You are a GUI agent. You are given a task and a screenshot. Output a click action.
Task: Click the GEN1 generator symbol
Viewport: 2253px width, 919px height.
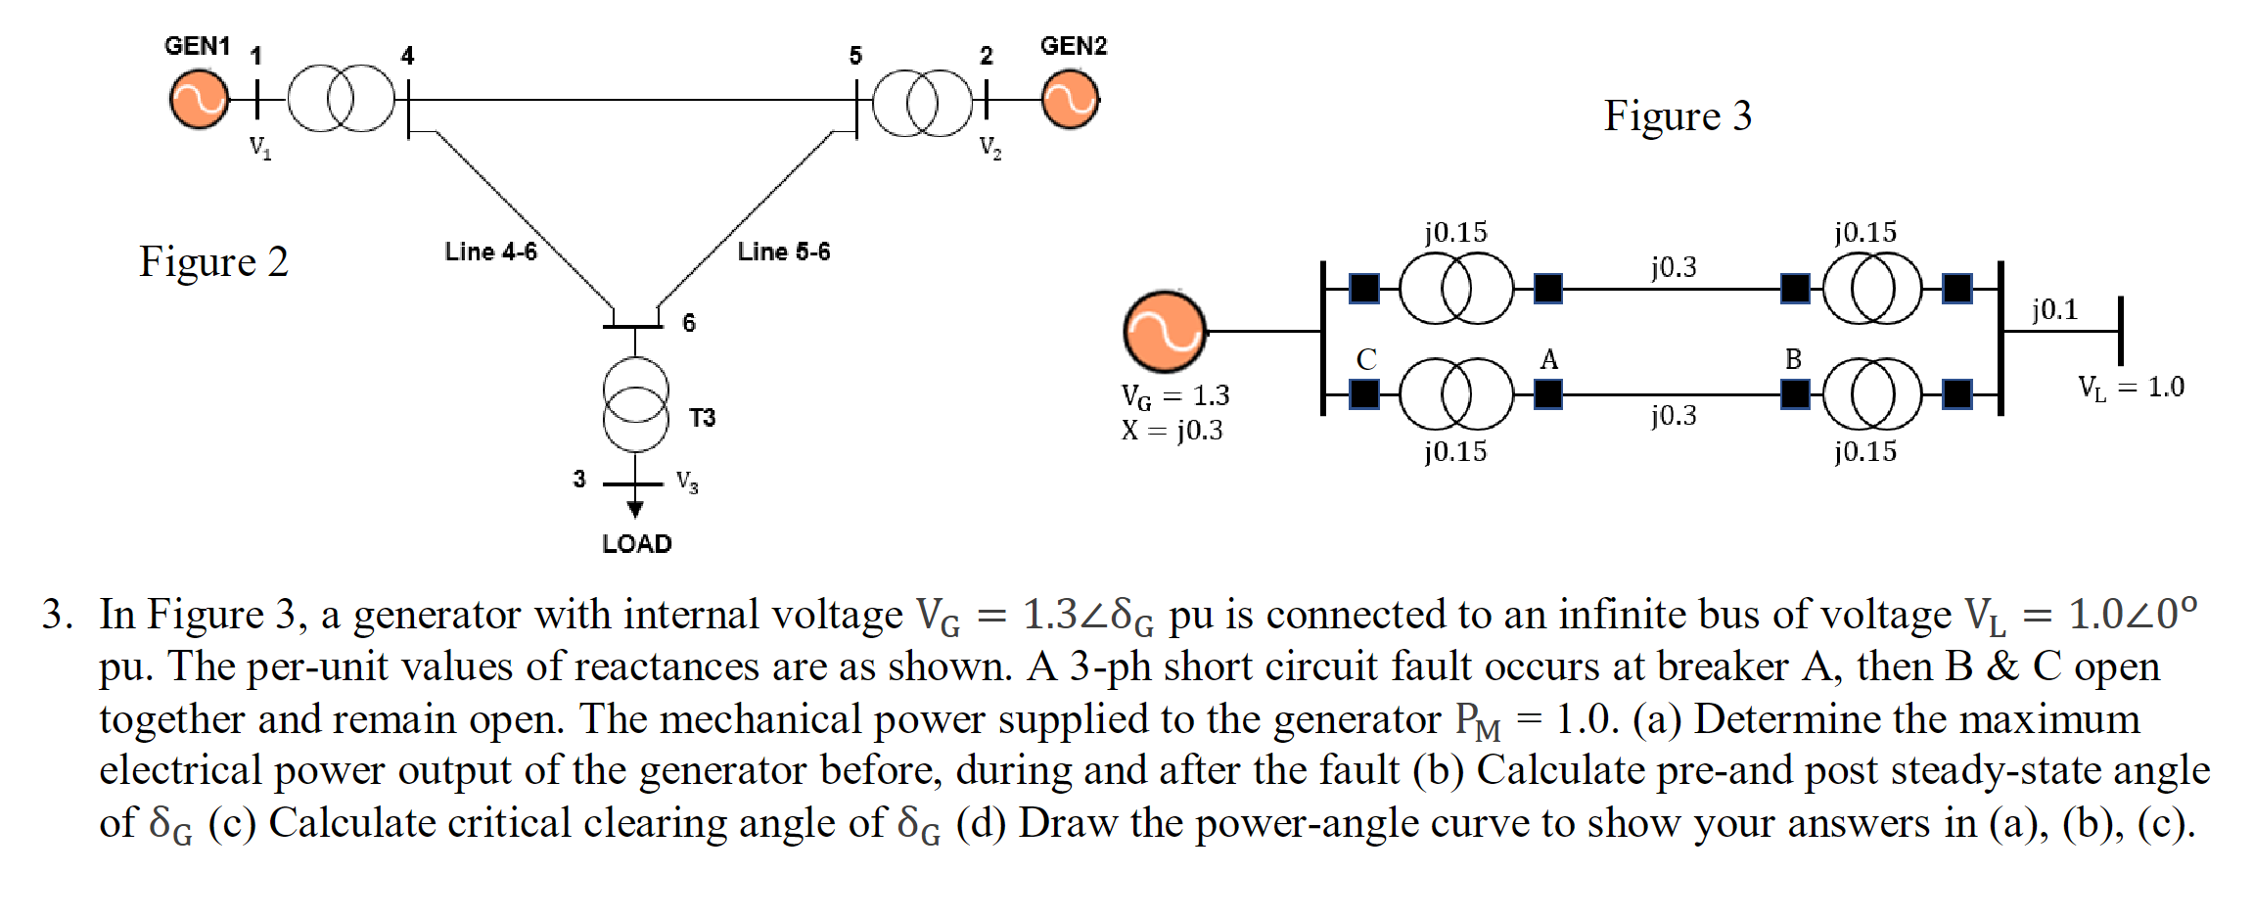point(199,99)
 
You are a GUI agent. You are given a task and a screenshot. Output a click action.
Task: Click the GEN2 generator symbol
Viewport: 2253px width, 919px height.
point(1070,100)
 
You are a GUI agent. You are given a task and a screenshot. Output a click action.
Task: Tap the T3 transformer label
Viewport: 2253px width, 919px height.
point(702,418)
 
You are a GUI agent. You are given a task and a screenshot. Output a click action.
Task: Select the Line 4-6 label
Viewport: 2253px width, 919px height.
point(490,252)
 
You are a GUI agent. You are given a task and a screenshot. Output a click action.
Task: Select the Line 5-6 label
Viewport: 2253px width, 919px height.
point(783,252)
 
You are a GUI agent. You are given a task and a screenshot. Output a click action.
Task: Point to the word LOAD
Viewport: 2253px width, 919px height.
point(636,544)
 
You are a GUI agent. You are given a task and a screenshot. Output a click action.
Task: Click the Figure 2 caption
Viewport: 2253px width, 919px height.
point(213,261)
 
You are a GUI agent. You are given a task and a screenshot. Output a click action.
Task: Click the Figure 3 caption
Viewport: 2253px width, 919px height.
point(1677,115)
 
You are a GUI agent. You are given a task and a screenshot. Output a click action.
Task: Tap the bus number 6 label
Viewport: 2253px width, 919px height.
point(689,323)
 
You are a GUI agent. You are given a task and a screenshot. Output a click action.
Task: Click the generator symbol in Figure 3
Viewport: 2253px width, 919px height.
point(1164,332)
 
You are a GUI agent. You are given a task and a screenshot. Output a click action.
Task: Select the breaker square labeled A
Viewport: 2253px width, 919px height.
point(1547,394)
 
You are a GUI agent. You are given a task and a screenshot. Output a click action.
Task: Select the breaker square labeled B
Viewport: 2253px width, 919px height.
point(1794,394)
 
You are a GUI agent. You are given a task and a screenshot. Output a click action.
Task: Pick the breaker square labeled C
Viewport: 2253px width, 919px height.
point(1364,394)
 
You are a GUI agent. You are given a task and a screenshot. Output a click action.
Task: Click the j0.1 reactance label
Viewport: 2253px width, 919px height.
point(2053,309)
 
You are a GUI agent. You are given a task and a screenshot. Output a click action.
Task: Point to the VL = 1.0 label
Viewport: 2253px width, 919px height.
point(2131,388)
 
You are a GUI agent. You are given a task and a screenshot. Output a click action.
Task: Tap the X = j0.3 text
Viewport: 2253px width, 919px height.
point(1172,431)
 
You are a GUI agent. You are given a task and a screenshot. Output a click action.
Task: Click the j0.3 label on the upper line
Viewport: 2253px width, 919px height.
point(1673,266)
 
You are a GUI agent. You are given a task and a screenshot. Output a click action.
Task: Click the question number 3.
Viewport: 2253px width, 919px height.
point(56,615)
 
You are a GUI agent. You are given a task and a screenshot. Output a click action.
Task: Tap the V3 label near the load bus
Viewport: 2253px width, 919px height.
point(687,482)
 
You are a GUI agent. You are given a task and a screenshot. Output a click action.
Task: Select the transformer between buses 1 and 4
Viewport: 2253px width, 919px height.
point(341,99)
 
